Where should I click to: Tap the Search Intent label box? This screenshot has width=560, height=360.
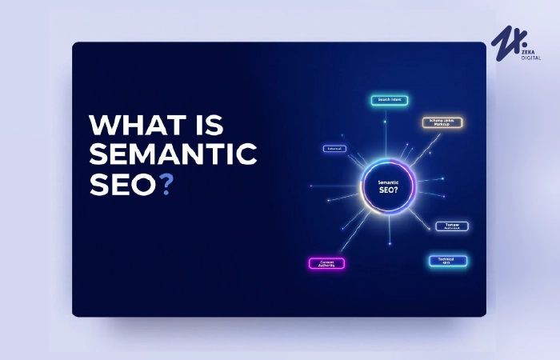[x=390, y=100]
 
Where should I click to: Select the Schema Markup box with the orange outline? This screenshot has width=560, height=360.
[x=442, y=122]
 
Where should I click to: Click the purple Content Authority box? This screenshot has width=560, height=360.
[x=326, y=262]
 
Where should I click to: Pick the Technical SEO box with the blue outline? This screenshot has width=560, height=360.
[x=446, y=261]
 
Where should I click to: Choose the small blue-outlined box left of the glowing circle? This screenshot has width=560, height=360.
[x=334, y=149]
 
